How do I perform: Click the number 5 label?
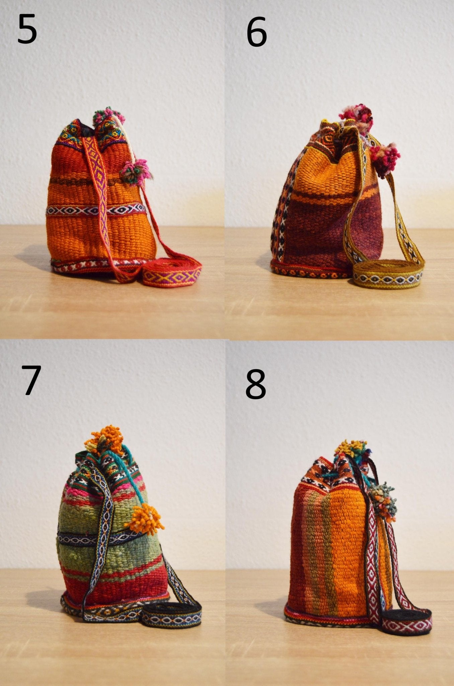(27, 29)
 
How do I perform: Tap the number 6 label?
(256, 32)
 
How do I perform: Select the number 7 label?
(31, 380)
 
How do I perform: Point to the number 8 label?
(255, 384)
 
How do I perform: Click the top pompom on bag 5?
(108, 116)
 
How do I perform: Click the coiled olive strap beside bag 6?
(388, 275)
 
